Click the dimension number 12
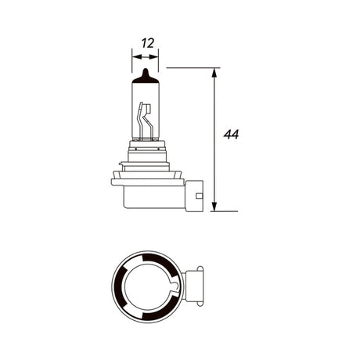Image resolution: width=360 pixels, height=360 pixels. [x=148, y=43]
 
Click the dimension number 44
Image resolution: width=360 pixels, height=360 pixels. [x=231, y=135]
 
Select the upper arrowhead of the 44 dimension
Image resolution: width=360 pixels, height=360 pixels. [x=214, y=73]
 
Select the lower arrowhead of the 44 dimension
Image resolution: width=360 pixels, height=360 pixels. [x=214, y=207]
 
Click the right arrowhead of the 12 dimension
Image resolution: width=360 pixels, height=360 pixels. [x=154, y=57]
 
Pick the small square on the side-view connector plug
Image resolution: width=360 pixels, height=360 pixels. [x=200, y=196]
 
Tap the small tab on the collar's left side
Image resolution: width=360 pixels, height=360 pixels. [x=121, y=164]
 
